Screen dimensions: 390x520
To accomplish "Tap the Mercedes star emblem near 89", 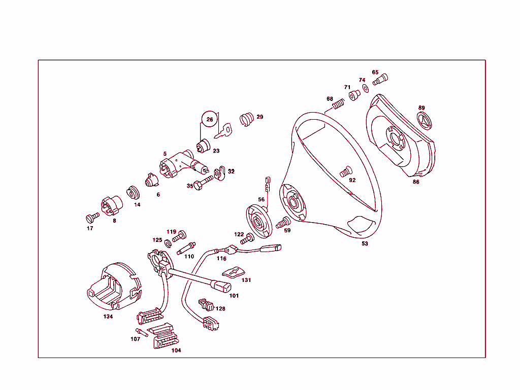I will click(425, 121).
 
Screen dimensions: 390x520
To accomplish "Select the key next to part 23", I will click(223, 131).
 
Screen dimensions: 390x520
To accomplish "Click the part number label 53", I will click(365, 244).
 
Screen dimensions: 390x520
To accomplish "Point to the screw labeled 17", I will click(92, 217).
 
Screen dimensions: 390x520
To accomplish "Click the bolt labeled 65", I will click(380, 80).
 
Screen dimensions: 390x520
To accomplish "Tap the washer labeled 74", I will click(366, 89).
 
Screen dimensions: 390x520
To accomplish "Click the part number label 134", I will click(108, 316).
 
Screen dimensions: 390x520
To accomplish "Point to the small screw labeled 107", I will click(141, 332).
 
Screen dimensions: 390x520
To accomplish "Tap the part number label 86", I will click(416, 182).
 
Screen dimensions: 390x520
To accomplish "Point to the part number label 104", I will click(176, 350).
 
